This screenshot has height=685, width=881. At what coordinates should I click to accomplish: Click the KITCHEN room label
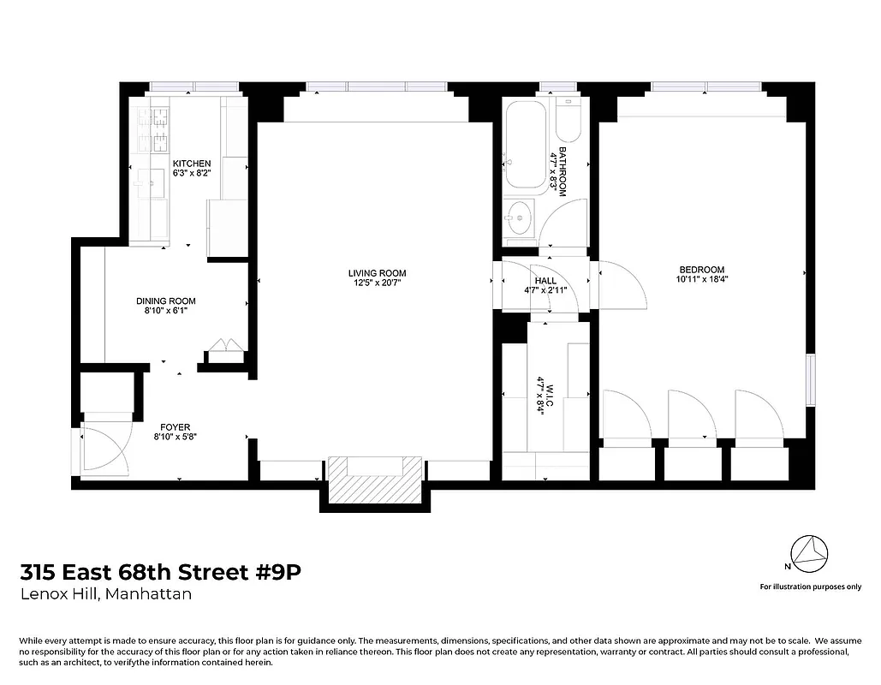[x=191, y=164]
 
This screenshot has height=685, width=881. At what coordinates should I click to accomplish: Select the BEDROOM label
[x=701, y=270]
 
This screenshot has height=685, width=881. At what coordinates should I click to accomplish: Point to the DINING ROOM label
[x=165, y=301]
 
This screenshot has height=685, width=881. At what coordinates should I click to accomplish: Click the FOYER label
[x=175, y=426]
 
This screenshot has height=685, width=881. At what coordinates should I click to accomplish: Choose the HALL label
[x=545, y=281]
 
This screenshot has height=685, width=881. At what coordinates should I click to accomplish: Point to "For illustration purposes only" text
[x=810, y=587]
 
